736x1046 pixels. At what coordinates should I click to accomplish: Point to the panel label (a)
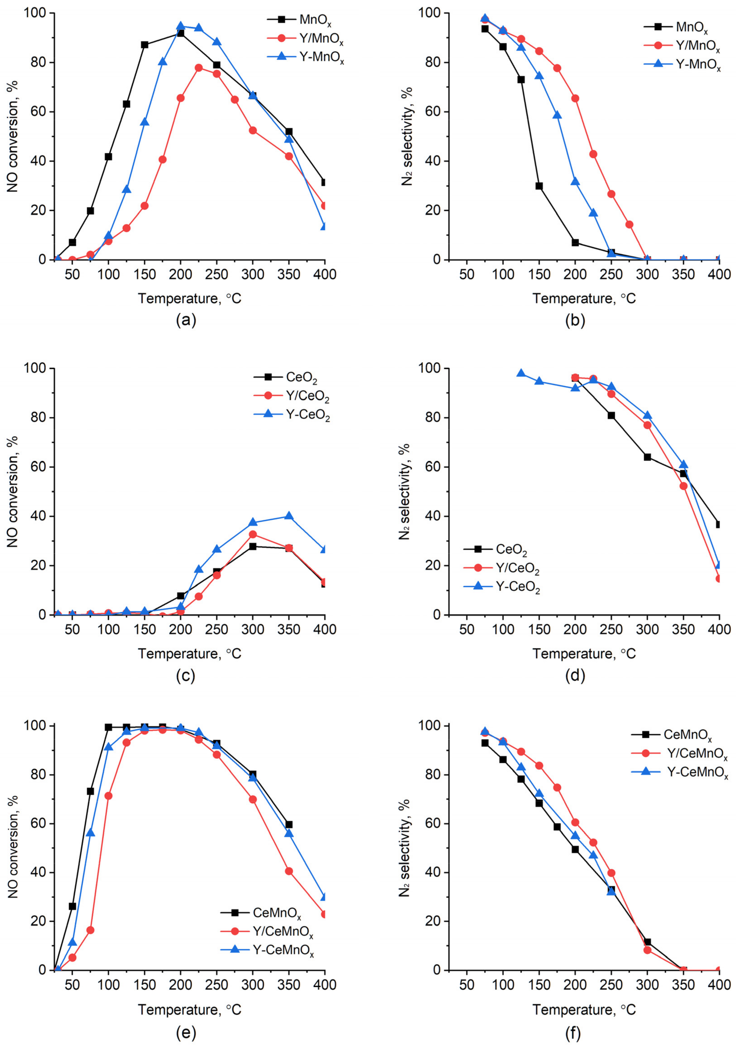tap(186, 321)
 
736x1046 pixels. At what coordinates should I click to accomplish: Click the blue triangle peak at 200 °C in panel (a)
tap(180, 26)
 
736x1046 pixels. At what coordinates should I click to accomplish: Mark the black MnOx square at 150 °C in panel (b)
tap(539, 186)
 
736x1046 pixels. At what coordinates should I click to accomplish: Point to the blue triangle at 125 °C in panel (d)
tap(521, 373)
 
